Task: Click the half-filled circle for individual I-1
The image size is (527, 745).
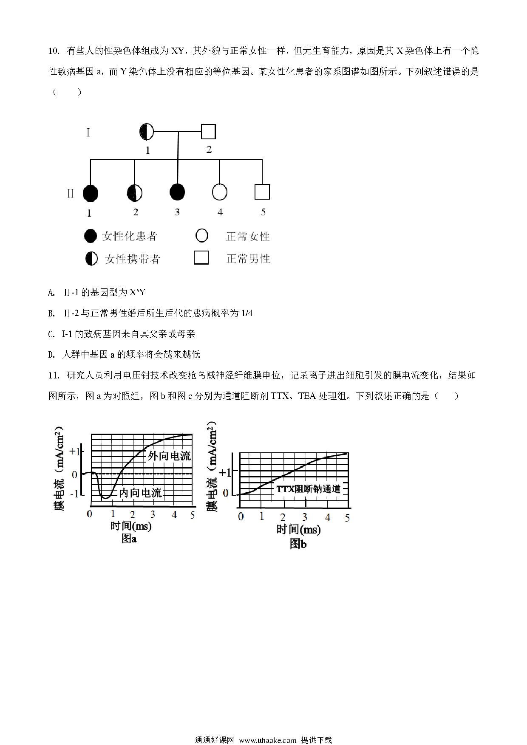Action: click(x=147, y=132)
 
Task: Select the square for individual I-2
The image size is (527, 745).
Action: click(x=208, y=132)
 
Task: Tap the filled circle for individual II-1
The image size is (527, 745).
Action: click(x=90, y=194)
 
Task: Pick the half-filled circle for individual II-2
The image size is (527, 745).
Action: click(x=135, y=193)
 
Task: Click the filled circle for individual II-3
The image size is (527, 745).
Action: click(x=177, y=192)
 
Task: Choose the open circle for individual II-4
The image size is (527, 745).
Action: click(x=219, y=192)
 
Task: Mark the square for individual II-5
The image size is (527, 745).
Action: click(x=262, y=192)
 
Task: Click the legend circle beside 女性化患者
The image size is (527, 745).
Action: click(x=91, y=236)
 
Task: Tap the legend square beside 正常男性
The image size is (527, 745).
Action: click(x=201, y=258)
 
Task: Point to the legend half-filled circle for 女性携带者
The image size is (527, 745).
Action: click(x=91, y=259)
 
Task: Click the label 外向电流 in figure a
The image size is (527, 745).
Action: click(x=169, y=456)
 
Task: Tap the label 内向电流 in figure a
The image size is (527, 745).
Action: click(x=140, y=493)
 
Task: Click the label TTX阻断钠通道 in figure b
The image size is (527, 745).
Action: click(x=309, y=489)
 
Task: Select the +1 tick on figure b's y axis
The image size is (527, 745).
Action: click(x=225, y=472)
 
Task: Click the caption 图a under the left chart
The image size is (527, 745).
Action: click(x=129, y=539)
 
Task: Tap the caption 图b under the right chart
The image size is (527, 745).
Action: click(x=298, y=544)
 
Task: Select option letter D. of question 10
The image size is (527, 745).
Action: click(x=52, y=355)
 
